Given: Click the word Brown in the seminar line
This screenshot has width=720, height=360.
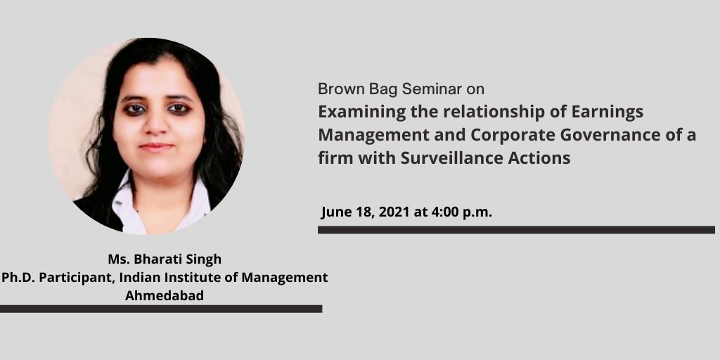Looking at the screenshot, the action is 336,89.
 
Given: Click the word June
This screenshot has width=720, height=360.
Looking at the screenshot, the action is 336,212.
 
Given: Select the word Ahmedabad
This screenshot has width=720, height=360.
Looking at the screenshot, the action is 165,296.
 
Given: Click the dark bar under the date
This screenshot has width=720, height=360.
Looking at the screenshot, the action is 516,230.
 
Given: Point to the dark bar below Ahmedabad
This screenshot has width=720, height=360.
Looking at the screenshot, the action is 161,309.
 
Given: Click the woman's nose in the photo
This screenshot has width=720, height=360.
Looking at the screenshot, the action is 155,124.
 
